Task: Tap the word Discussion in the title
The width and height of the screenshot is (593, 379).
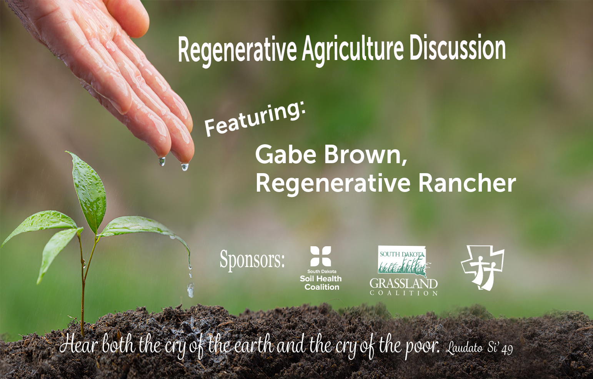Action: coord(458,47)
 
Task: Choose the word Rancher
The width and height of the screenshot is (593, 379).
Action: coord(467,183)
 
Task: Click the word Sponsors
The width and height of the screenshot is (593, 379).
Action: coord(252,260)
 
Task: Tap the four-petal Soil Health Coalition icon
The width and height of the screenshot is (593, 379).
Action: coord(321,256)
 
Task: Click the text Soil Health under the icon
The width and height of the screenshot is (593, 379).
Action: coord(321,279)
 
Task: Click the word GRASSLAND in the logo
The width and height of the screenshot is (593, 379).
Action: coord(403,284)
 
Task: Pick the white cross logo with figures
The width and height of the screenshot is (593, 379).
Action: coord(482,267)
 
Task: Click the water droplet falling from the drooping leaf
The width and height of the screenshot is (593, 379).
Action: coord(191,290)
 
